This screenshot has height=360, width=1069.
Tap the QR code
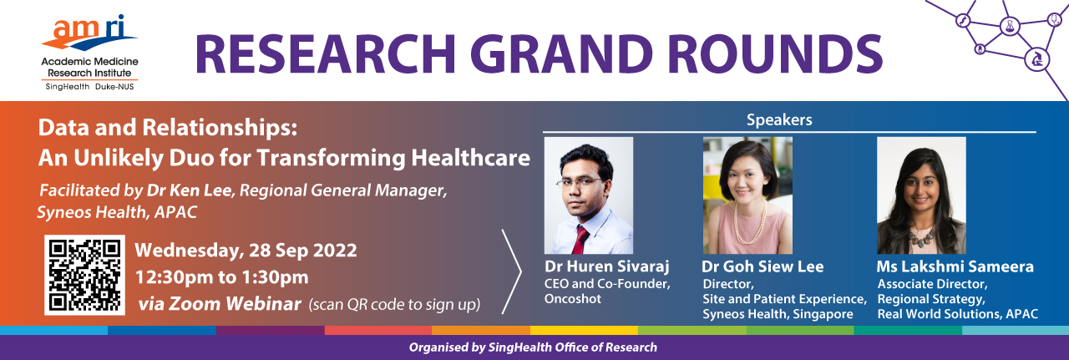(85, 275)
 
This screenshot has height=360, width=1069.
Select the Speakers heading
(779, 119)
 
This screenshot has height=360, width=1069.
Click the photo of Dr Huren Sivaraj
(589, 195)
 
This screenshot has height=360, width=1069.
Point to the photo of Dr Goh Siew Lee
(747, 195)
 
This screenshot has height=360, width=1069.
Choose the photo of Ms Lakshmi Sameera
(921, 195)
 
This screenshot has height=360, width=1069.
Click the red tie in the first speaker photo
(580, 241)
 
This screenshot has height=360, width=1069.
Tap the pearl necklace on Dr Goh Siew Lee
(749, 223)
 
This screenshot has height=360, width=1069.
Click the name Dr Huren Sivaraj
(607, 266)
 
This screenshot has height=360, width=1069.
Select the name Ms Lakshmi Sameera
(955, 266)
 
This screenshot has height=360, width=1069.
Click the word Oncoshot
(573, 299)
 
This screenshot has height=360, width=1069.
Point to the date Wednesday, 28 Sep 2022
(246, 251)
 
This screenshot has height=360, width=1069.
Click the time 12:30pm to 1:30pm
(222, 277)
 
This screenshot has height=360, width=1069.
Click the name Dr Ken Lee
(190, 190)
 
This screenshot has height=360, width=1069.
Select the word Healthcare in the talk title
(470, 158)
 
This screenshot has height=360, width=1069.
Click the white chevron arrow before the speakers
(512, 271)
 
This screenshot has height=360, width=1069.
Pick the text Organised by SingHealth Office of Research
(533, 347)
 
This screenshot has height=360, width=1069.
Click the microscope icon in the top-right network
(1037, 60)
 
